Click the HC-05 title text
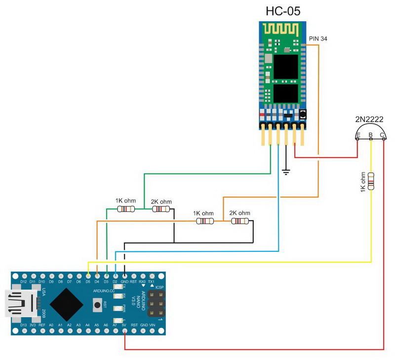[283, 11]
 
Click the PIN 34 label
[317, 38]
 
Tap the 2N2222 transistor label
[370, 119]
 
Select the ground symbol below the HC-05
[286, 172]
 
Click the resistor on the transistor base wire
[371, 181]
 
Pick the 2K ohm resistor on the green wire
[161, 209]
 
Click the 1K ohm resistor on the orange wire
[203, 221]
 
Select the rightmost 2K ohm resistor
[239, 221]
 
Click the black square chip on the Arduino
[66, 303]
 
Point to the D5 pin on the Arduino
[87, 276]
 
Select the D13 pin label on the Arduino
[23, 325]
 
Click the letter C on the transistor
[382, 135]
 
